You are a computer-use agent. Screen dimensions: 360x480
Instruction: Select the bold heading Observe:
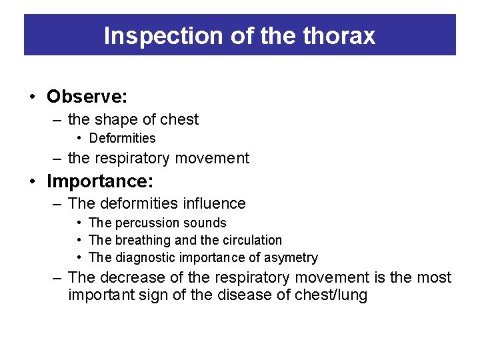point(87,97)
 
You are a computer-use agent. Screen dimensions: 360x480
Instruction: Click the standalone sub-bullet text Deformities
point(122,139)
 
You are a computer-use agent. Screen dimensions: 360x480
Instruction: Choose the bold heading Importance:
point(100,181)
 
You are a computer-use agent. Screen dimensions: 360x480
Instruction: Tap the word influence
point(213,204)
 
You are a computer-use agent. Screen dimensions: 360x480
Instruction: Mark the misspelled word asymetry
point(291,257)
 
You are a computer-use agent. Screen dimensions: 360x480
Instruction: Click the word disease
point(242,295)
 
